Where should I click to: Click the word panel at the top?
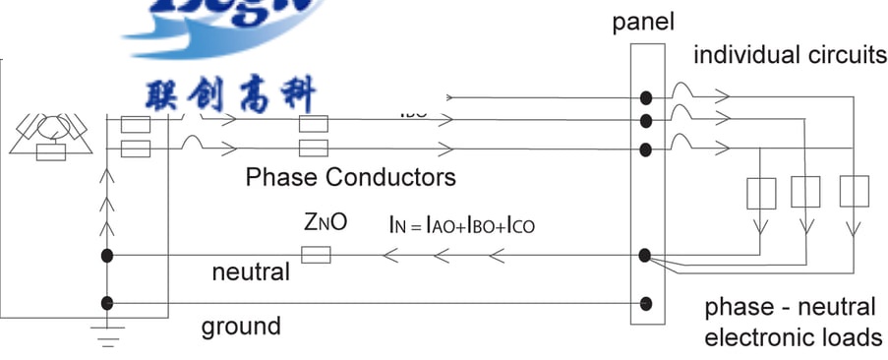point(643,22)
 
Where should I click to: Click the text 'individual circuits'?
point(790,54)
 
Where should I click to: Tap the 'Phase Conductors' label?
point(350,177)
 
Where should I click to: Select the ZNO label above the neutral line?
point(326,223)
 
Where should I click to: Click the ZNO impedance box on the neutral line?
point(315,256)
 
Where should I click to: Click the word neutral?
point(251,271)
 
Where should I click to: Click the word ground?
point(241,326)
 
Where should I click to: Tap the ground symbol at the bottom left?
point(107,334)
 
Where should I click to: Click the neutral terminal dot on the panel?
point(645,256)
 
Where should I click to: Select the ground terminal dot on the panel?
point(645,303)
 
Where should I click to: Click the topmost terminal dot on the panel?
point(645,98)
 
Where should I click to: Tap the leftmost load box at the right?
point(762,193)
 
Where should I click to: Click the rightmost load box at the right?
point(854,191)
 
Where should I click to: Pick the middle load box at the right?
point(805,192)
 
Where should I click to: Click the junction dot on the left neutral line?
point(107,256)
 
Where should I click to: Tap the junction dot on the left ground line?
point(107,303)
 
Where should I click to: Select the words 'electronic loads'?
point(793,337)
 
